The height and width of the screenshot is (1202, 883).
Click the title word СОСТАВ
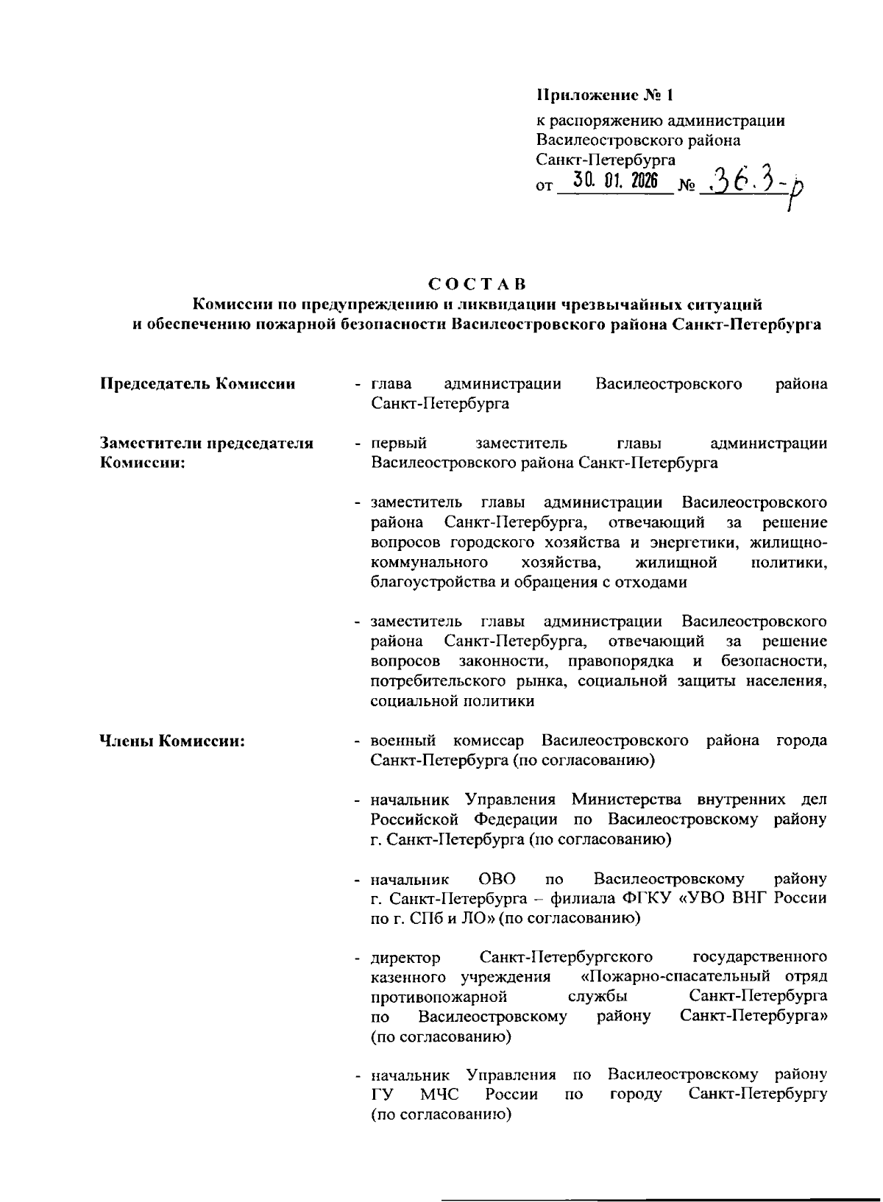(477, 283)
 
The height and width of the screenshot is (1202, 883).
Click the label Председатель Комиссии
(198, 384)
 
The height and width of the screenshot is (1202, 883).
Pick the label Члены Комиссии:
(172, 741)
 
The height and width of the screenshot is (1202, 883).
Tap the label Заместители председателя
(207, 444)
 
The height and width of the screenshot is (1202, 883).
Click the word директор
(406, 958)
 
